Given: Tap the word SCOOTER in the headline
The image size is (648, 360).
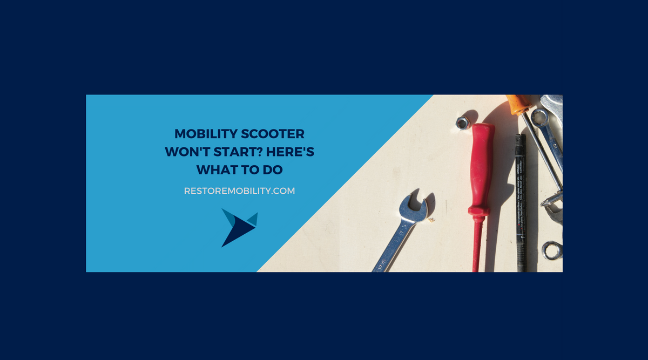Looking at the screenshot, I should tap(274, 133).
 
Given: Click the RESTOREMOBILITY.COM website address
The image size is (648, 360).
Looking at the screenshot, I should tap(239, 191).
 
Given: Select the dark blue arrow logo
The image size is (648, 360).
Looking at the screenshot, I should tap(238, 227).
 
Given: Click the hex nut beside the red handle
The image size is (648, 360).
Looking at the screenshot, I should tap(462, 123).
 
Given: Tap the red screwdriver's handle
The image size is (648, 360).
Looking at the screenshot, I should tap(481, 167).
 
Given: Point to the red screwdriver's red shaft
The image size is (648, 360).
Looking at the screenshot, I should tap(476, 243).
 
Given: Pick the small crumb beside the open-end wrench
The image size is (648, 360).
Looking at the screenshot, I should tap(431, 220).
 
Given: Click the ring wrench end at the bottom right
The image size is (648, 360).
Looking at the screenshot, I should tap(552, 250).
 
